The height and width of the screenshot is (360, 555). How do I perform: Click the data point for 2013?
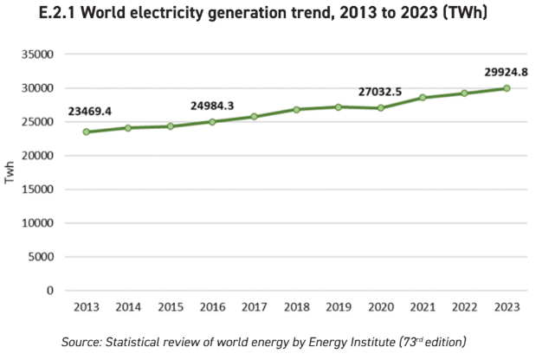click(86, 132)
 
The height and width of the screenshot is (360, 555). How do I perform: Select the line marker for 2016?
click(212, 122)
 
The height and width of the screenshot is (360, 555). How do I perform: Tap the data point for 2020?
click(380, 108)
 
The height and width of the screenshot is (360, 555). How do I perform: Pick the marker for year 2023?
click(507, 88)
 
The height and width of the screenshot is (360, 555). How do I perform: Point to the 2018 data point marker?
click(296, 110)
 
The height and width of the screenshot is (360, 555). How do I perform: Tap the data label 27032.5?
click(382, 91)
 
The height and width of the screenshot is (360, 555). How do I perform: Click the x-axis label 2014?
click(128, 307)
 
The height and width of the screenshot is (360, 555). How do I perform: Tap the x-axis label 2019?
click(339, 307)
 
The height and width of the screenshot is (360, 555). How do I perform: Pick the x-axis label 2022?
click(465, 307)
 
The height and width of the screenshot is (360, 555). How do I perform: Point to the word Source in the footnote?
click(81, 343)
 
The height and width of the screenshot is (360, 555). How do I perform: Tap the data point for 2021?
click(423, 98)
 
